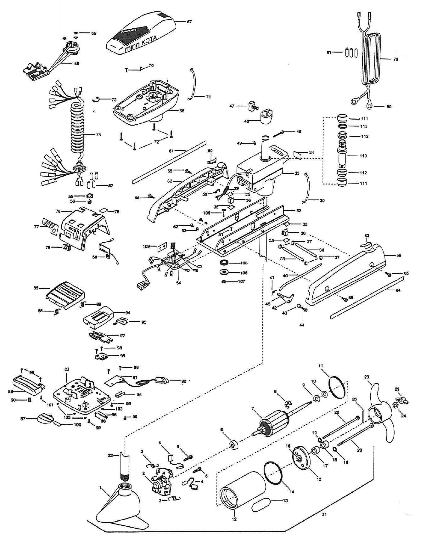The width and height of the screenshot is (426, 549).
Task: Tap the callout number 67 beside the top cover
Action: [189, 22]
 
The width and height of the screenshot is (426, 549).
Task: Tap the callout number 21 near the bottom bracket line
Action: [324, 515]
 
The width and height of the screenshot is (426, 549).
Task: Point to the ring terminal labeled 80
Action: [369, 103]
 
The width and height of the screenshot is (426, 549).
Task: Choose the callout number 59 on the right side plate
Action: [399, 255]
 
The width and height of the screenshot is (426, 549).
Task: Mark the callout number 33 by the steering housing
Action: [297, 173]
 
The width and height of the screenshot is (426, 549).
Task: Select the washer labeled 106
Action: [224, 272]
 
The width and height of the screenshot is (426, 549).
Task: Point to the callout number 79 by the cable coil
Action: [395, 59]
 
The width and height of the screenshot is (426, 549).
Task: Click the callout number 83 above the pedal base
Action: [66, 369]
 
